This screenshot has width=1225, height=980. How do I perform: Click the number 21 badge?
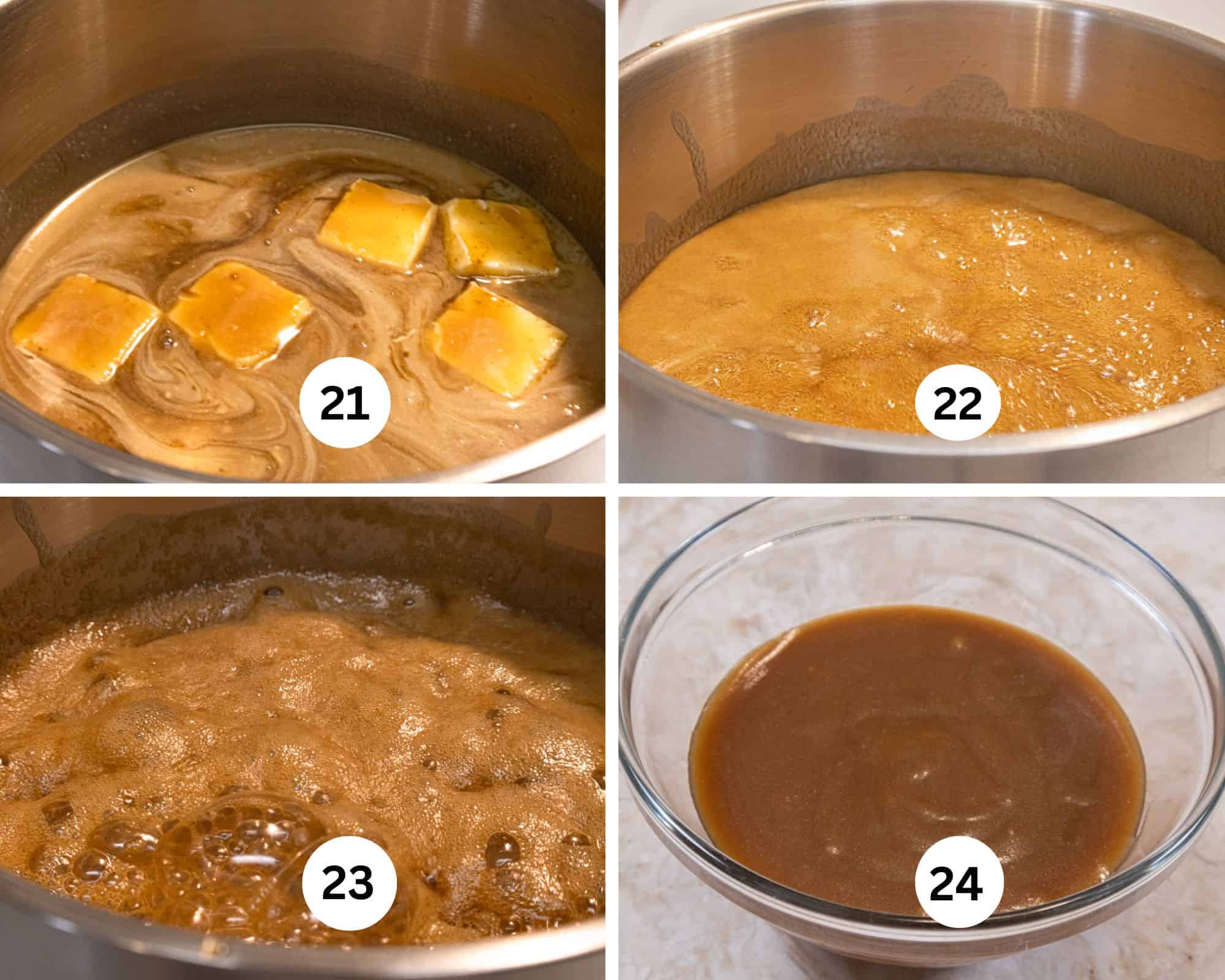(x=345, y=405)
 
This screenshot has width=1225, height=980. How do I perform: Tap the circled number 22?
(x=957, y=405)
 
